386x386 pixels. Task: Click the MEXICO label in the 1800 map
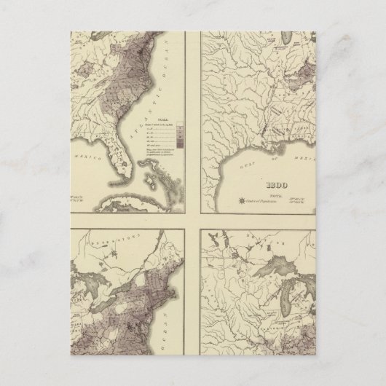[294, 161]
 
